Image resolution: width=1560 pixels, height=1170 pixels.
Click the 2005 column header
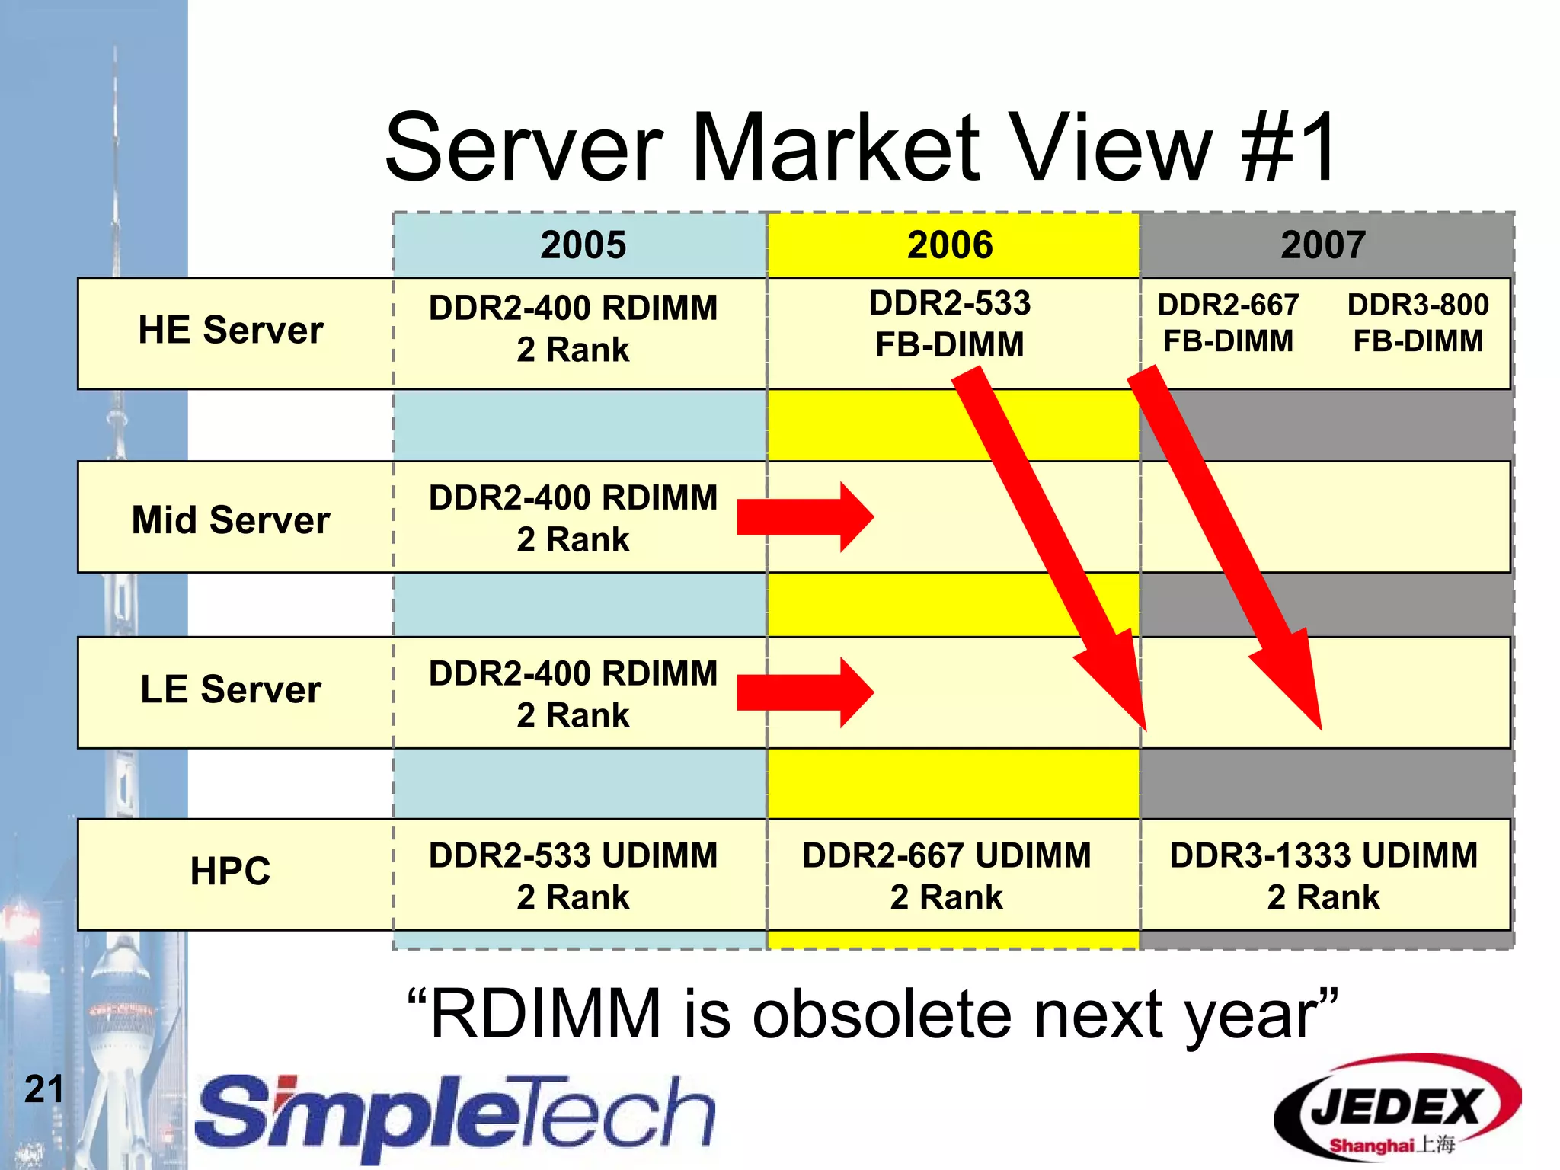[x=583, y=245]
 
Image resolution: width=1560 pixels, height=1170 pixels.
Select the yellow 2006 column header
[x=951, y=245]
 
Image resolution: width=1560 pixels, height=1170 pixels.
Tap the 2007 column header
[x=1323, y=245]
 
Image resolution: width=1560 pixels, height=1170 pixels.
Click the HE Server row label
[x=231, y=331]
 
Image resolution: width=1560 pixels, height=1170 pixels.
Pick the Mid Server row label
[x=231, y=520]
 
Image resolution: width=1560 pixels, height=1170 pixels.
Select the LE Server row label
[x=231, y=689]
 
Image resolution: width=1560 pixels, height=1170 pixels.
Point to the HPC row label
[x=231, y=871]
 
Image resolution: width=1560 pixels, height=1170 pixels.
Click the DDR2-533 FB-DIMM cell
[x=949, y=324]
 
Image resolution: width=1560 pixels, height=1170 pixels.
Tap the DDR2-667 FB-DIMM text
[x=1228, y=323]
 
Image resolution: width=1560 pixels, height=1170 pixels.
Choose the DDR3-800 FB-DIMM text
[x=1418, y=323]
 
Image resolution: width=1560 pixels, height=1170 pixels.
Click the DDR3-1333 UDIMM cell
[x=1323, y=875]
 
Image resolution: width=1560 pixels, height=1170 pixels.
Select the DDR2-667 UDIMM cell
[x=946, y=875]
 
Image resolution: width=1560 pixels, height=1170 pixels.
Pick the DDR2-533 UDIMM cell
[x=573, y=875]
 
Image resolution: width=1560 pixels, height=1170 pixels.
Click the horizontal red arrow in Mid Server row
[x=804, y=517]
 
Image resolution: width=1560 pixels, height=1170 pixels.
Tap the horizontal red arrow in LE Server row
[x=804, y=692]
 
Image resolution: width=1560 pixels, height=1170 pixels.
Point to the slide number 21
[x=43, y=1089]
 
